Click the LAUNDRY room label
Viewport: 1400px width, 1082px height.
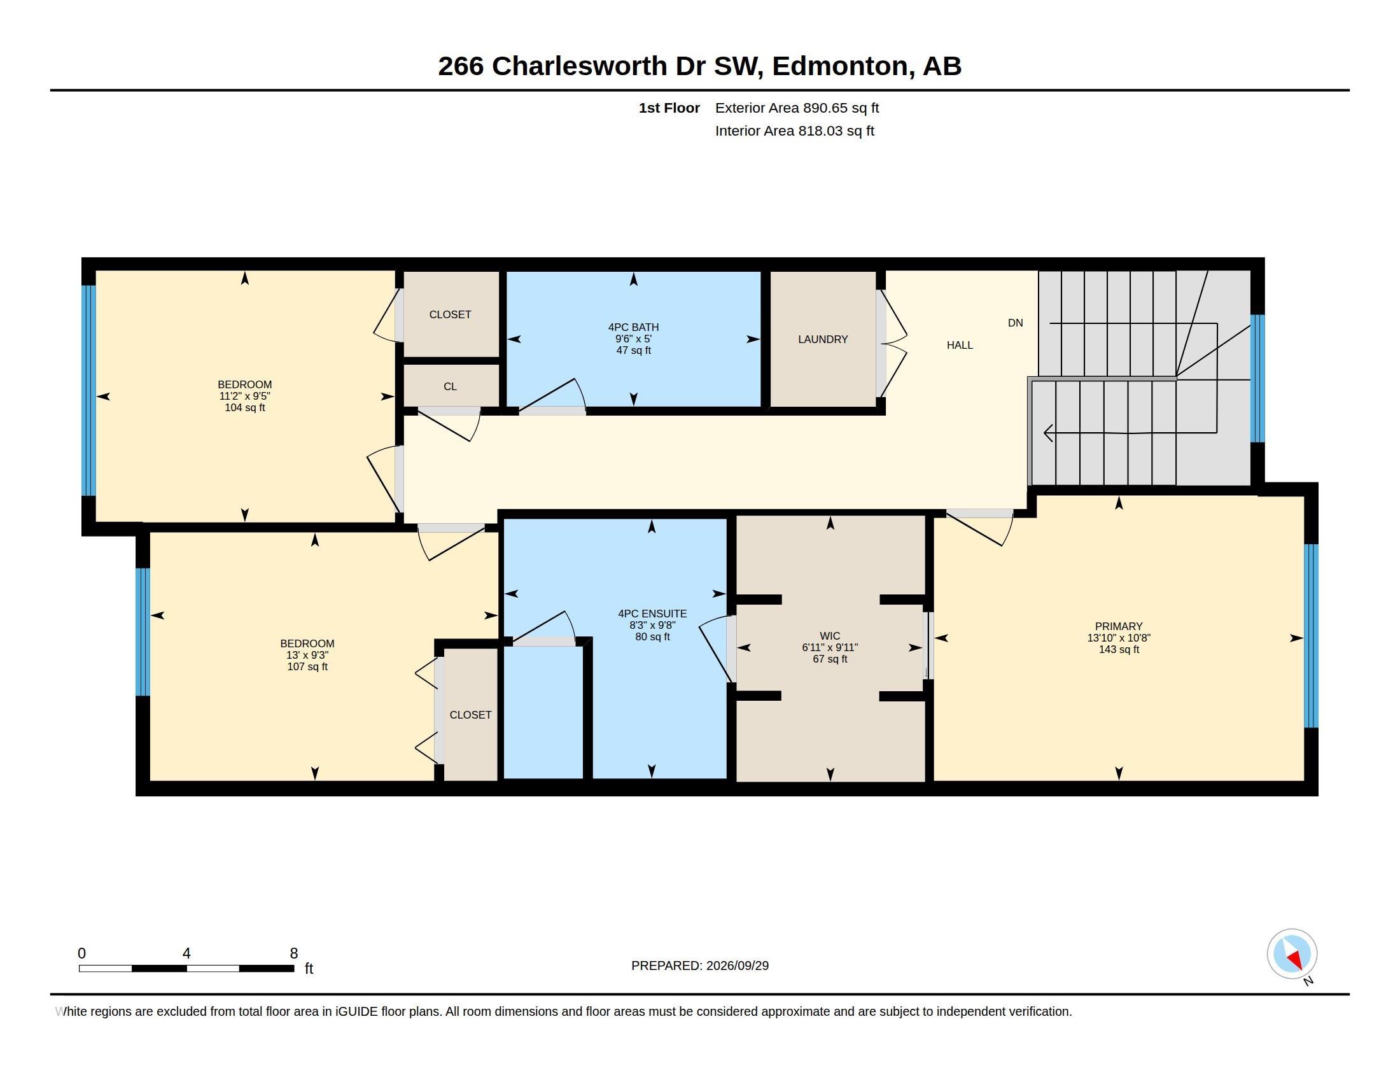pos(822,339)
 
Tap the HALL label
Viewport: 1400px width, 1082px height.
pos(960,345)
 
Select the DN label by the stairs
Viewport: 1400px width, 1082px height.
pos(1016,323)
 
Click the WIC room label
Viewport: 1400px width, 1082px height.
pos(829,636)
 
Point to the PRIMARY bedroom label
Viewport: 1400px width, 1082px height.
pos(1119,626)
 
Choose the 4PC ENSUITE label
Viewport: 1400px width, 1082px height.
pos(652,614)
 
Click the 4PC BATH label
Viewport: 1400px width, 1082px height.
pos(633,327)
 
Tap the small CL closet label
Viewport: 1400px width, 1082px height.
pos(450,386)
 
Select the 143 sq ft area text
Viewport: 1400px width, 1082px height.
pos(1119,649)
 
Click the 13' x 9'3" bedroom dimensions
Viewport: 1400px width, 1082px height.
pos(307,655)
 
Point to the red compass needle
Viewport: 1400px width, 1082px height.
pos(1296,959)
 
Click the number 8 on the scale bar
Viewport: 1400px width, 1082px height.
pos(293,953)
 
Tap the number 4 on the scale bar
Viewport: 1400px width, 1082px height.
pos(186,953)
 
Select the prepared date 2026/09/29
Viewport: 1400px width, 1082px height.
pos(737,966)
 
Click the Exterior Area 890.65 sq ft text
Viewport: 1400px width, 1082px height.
pos(797,108)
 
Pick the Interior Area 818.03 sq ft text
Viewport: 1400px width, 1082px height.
pos(794,130)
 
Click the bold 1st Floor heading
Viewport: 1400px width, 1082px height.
pos(669,108)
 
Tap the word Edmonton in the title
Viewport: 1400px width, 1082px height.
pos(840,66)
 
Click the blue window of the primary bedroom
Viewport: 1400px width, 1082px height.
pos(1311,636)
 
